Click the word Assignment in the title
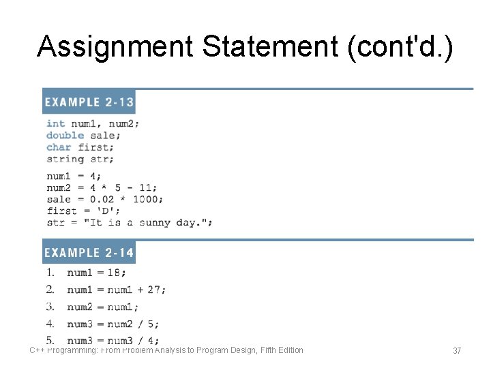pos(115,46)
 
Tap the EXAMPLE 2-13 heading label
pos(89,102)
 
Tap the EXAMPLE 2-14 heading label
pos(89,253)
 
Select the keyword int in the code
pos(56,123)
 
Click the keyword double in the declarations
pos(65,135)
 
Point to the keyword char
pos(59,147)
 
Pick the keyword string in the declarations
pos(65,159)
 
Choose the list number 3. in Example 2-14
pos(50,307)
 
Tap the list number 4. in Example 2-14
pos(50,324)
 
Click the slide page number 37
pos(457,350)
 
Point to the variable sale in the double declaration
pos(102,135)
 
